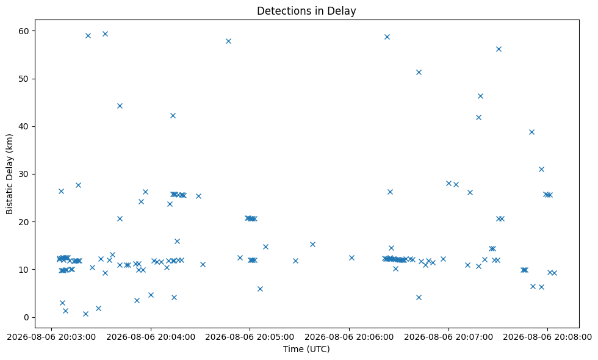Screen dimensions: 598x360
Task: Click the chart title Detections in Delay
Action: point(306,11)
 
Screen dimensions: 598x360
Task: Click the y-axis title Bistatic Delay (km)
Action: point(10,174)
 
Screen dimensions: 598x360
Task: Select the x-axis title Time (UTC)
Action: point(306,349)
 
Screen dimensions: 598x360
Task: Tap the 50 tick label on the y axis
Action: point(24,79)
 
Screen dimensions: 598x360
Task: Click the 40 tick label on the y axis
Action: point(24,127)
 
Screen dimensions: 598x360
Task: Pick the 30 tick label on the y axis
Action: point(24,175)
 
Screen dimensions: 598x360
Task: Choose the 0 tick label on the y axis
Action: point(27,317)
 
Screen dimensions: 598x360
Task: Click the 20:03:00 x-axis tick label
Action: point(51,337)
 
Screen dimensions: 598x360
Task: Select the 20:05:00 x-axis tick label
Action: point(250,337)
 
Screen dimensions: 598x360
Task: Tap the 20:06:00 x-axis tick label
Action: point(349,337)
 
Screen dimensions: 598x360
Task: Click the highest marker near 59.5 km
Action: point(105,34)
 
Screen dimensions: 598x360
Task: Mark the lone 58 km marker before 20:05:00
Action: point(228,41)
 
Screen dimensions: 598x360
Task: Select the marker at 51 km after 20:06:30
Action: point(419,73)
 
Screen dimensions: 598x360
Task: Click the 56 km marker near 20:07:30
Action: point(499,49)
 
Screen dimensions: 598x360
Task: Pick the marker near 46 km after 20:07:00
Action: point(481,96)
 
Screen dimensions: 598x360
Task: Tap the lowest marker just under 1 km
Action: point(85,314)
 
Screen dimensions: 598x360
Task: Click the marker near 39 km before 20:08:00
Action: point(531,132)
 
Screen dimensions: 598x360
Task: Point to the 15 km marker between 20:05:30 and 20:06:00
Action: point(312,245)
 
